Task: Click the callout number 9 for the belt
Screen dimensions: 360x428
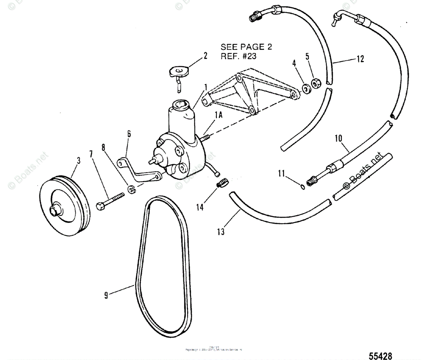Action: pyautogui.click(x=106, y=295)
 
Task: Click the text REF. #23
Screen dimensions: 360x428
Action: pyautogui.click(x=238, y=56)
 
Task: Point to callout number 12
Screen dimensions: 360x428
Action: pyautogui.click(x=361, y=59)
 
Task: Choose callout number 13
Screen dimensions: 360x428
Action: pyautogui.click(x=221, y=232)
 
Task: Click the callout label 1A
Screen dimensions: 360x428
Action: pyautogui.click(x=219, y=115)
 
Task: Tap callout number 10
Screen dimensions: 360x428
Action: pyautogui.click(x=338, y=138)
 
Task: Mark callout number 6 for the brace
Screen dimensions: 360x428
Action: pyautogui.click(x=129, y=134)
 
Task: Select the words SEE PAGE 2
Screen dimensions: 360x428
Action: pyautogui.click(x=246, y=47)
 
